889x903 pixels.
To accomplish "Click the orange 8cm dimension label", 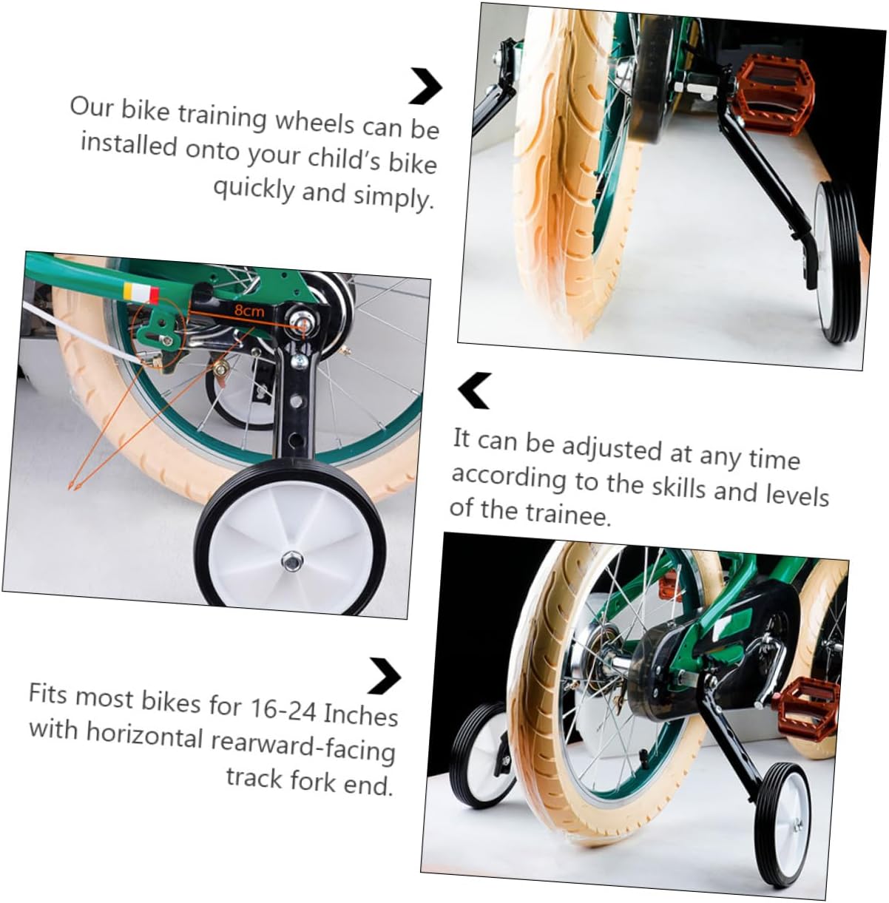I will coord(249,311).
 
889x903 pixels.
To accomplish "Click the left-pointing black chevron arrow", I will coord(474,390).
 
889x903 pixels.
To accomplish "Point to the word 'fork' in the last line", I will coord(311,779).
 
